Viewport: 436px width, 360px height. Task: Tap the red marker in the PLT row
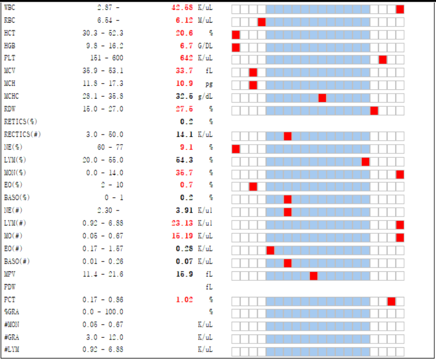382,59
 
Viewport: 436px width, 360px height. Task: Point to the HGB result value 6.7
186,46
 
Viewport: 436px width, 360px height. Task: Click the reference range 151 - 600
107,58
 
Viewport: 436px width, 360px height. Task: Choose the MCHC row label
13,96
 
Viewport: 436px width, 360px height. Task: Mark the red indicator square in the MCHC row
322,98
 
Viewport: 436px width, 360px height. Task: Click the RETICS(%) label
20,122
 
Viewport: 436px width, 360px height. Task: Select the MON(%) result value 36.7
184,173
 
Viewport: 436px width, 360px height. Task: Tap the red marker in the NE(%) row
236,148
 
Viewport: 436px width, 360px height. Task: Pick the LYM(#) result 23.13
182,223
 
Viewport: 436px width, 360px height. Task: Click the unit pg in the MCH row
209,84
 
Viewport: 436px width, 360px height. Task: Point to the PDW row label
10,287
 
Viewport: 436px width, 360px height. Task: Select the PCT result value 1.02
184,300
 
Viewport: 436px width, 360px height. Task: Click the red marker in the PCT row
391,301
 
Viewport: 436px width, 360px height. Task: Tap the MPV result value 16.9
184,274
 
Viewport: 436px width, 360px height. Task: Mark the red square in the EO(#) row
270,250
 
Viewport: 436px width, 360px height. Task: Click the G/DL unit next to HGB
205,46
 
